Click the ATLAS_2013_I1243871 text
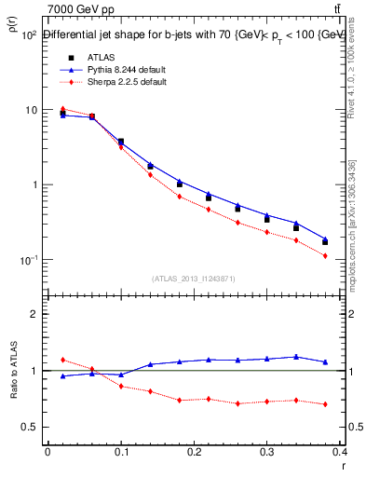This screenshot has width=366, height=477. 193,279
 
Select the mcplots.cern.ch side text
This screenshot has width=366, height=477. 355,234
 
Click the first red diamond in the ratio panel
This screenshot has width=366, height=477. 62,360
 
